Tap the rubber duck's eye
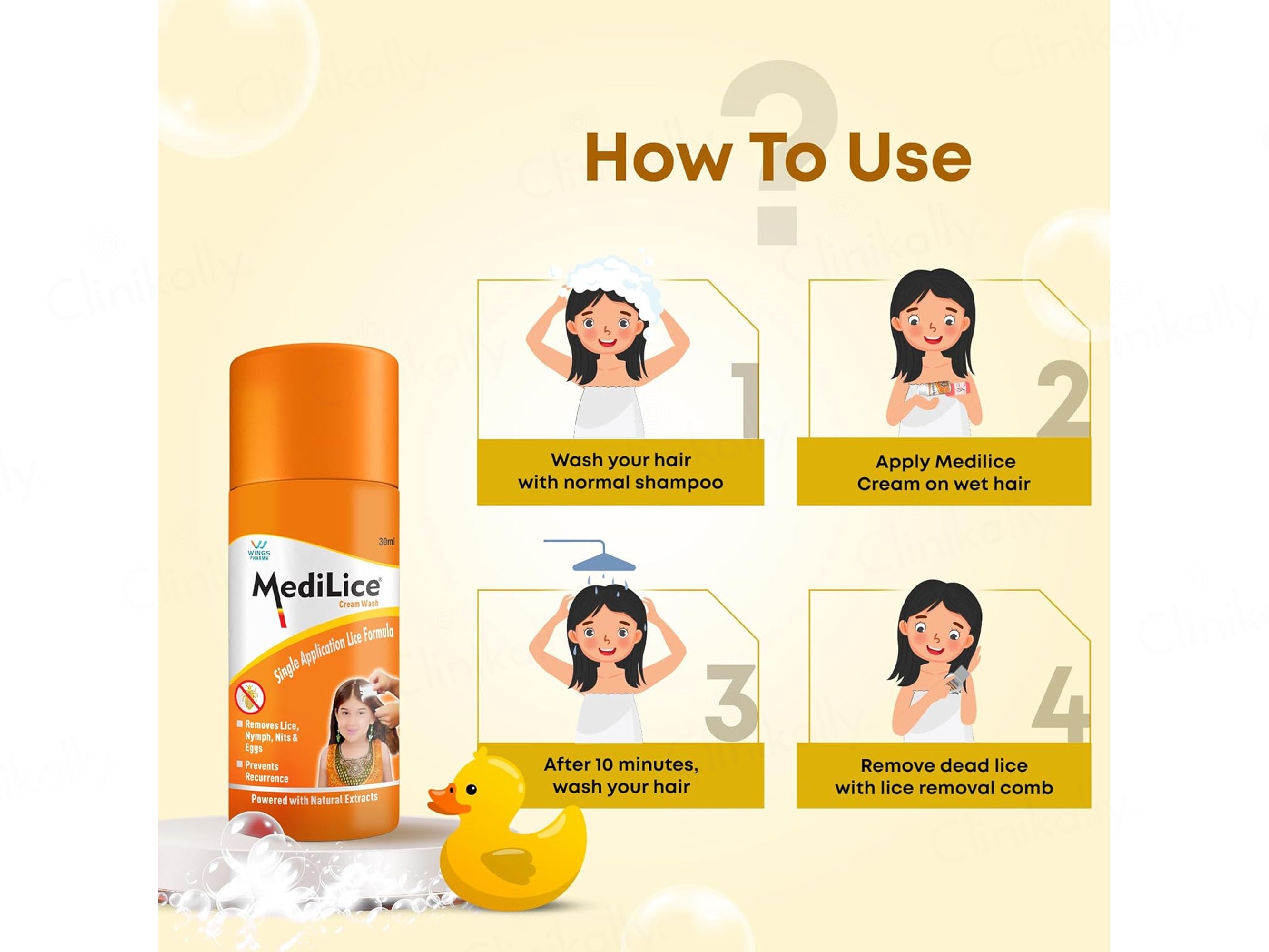click(471, 790)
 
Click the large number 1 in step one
click(745, 401)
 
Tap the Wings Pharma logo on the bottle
click(259, 550)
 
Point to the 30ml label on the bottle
click(387, 542)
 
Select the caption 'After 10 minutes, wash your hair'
click(621, 775)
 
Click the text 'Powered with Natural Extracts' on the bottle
click(315, 799)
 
